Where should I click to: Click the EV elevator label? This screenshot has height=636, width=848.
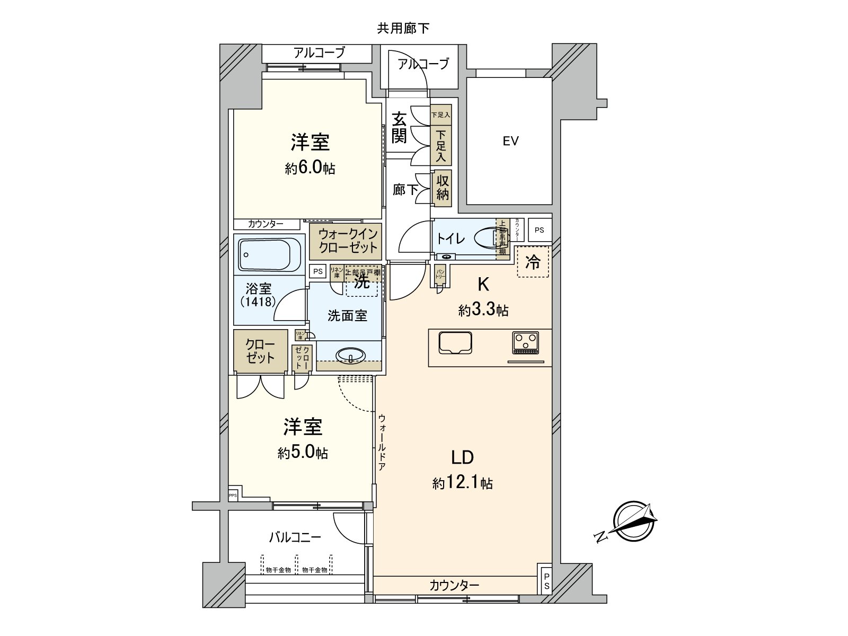pos(510,141)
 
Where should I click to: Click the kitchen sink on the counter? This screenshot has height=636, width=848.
pos(455,342)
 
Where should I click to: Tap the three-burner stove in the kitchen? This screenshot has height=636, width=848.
pos(525,342)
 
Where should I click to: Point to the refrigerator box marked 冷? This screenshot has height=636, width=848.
pos(533,262)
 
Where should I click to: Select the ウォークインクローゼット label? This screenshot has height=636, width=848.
pos(348,240)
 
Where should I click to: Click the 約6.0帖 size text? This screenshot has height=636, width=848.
pos(310,169)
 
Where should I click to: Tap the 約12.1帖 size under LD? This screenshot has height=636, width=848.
pos(462,483)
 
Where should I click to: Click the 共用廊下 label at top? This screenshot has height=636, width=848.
pos(403,29)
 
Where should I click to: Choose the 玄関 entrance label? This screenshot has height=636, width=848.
pos(399,127)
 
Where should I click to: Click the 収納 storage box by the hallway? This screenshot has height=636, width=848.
pos(443,188)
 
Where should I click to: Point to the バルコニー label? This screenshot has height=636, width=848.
pos(295,537)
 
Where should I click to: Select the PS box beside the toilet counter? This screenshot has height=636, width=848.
pos(539,230)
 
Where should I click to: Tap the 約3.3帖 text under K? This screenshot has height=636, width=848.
pos(483,310)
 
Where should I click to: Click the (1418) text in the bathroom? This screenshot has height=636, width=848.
pos(258,302)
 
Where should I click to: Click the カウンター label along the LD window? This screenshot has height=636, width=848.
pos(454,585)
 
